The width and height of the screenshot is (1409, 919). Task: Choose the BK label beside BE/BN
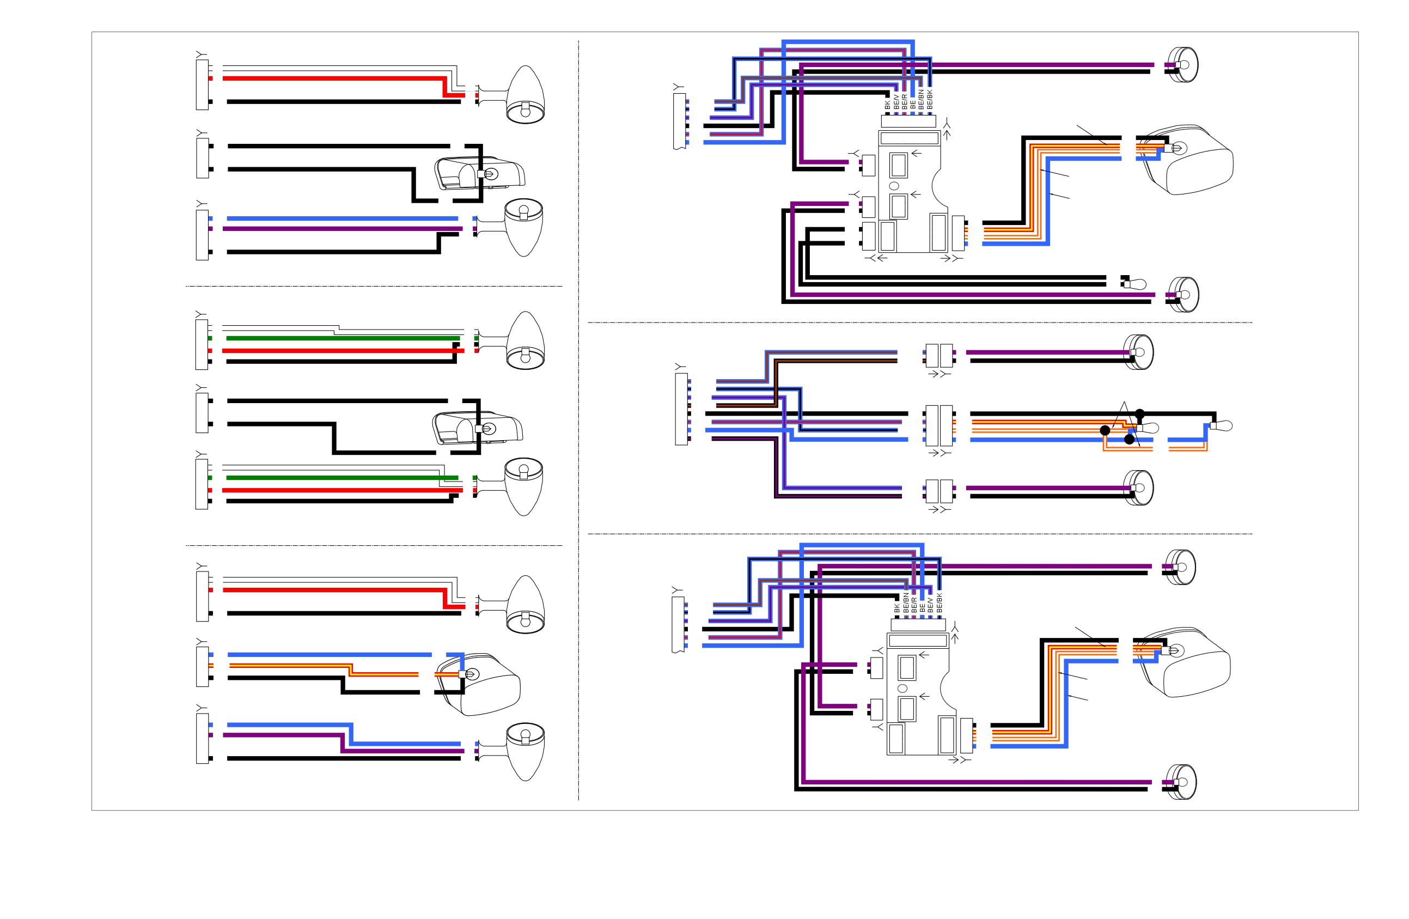tap(897, 607)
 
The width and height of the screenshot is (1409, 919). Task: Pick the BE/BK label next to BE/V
tap(939, 604)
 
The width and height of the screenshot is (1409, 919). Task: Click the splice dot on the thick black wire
tap(1139, 414)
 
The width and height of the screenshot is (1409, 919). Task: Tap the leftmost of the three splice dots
tap(1105, 430)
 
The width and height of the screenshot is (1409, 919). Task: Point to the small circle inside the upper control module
tap(894, 186)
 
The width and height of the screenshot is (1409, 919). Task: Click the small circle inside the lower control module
tap(903, 688)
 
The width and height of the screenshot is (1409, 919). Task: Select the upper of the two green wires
tap(343, 338)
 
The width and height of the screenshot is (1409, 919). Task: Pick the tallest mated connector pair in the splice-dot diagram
tap(939, 425)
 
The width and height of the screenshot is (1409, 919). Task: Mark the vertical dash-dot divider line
tap(578, 421)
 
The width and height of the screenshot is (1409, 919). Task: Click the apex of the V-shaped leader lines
tap(1124, 402)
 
